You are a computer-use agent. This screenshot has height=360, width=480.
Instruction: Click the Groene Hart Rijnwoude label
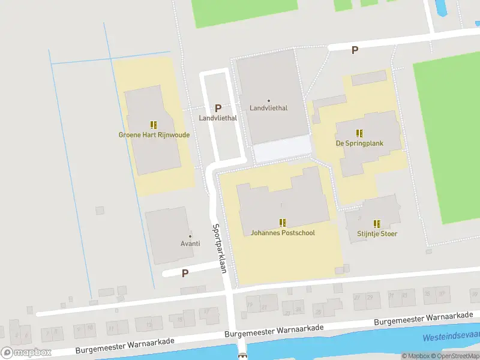pyautogui.click(x=154, y=135)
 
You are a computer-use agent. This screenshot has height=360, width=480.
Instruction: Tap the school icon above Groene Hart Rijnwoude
pyautogui.click(x=154, y=125)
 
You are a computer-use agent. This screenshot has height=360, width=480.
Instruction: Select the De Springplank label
pyautogui.click(x=359, y=143)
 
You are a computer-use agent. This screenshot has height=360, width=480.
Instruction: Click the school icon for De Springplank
pyautogui.click(x=359, y=133)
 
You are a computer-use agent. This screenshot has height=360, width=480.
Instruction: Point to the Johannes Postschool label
pyautogui.click(x=283, y=233)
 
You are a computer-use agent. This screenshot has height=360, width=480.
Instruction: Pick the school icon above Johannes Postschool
pyautogui.click(x=283, y=223)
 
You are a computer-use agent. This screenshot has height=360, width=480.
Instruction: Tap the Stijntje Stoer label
pyautogui.click(x=377, y=233)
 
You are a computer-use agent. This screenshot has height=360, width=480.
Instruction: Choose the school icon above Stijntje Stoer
pyautogui.click(x=377, y=223)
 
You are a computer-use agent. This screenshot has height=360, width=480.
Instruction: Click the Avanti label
pyautogui.click(x=190, y=244)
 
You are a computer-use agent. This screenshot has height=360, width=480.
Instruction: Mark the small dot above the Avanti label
pyautogui.click(x=190, y=236)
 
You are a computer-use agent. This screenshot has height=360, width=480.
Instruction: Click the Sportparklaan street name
pyautogui.click(x=219, y=248)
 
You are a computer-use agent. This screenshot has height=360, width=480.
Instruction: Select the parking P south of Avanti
pyautogui.click(x=185, y=273)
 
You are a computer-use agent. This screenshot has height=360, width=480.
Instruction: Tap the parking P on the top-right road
pyautogui.click(x=355, y=50)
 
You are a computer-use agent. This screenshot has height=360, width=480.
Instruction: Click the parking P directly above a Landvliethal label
pyautogui.click(x=218, y=109)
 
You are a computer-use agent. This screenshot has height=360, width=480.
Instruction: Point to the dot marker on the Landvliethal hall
pyautogui.click(x=268, y=100)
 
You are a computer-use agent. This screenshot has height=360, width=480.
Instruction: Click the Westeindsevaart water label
pyautogui.click(x=451, y=338)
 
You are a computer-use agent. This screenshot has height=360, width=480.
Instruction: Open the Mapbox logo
pyautogui.click(x=26, y=352)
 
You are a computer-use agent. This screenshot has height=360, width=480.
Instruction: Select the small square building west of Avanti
pyautogui.click(x=100, y=210)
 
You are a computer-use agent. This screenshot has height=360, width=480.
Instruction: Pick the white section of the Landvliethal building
pyautogui.click(x=282, y=148)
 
